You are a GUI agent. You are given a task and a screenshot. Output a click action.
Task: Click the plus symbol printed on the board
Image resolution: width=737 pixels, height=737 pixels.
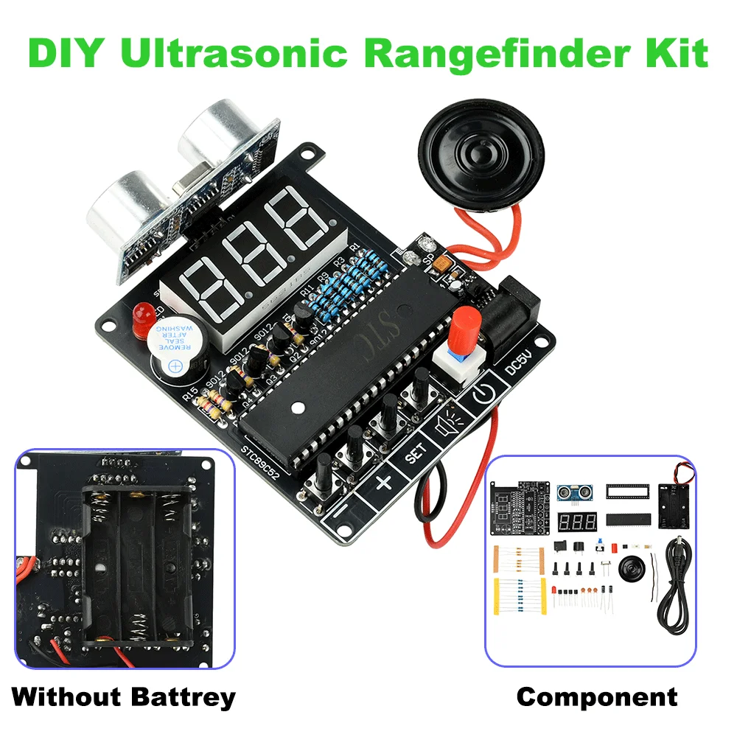[383, 483]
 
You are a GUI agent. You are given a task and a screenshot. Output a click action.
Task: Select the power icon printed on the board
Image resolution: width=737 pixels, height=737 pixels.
[481, 397]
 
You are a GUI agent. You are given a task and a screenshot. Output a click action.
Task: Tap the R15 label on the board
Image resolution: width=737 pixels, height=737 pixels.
[190, 399]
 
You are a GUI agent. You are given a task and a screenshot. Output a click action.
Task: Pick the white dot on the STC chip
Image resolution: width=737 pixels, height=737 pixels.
[298, 406]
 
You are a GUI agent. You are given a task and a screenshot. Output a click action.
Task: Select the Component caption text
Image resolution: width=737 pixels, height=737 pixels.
[596, 696]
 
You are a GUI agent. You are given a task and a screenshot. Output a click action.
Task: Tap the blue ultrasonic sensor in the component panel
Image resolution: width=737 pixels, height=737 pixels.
[576, 492]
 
